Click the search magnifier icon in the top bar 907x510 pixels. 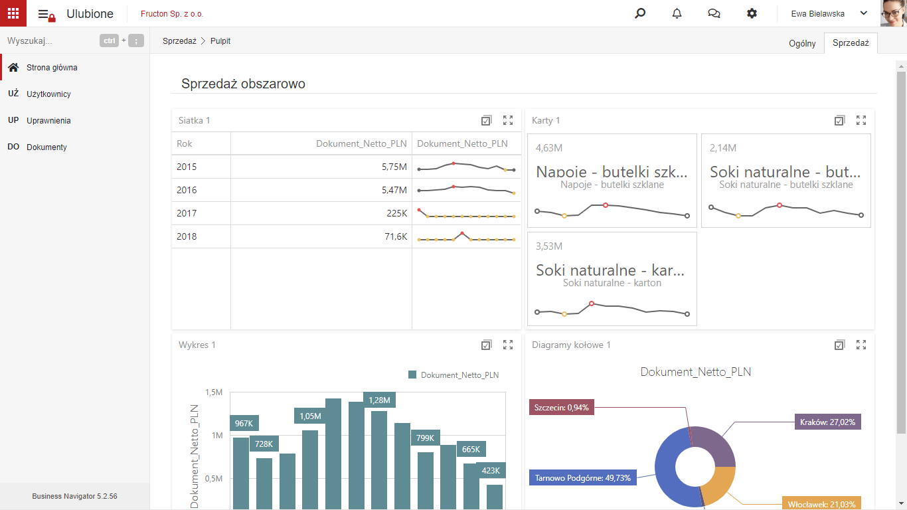640,13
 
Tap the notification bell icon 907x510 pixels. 677,13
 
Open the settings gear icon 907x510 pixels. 752,13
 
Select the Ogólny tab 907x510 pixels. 801,43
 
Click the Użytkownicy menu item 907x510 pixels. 48,94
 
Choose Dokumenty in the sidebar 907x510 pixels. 46,147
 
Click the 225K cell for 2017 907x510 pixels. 396,213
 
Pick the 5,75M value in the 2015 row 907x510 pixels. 394,167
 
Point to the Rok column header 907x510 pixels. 184,143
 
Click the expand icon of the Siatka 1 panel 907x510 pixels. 508,120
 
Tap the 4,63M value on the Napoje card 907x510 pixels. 548,148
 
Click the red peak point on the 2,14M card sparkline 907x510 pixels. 779,205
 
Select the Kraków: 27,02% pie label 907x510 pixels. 827,422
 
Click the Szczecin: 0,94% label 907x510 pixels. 561,408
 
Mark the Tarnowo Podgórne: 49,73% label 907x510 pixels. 583,478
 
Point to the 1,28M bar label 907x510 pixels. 379,400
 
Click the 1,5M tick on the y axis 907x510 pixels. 214,392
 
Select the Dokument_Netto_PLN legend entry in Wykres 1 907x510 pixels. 453,375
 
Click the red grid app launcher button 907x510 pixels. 13,13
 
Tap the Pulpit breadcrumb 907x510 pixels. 220,41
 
